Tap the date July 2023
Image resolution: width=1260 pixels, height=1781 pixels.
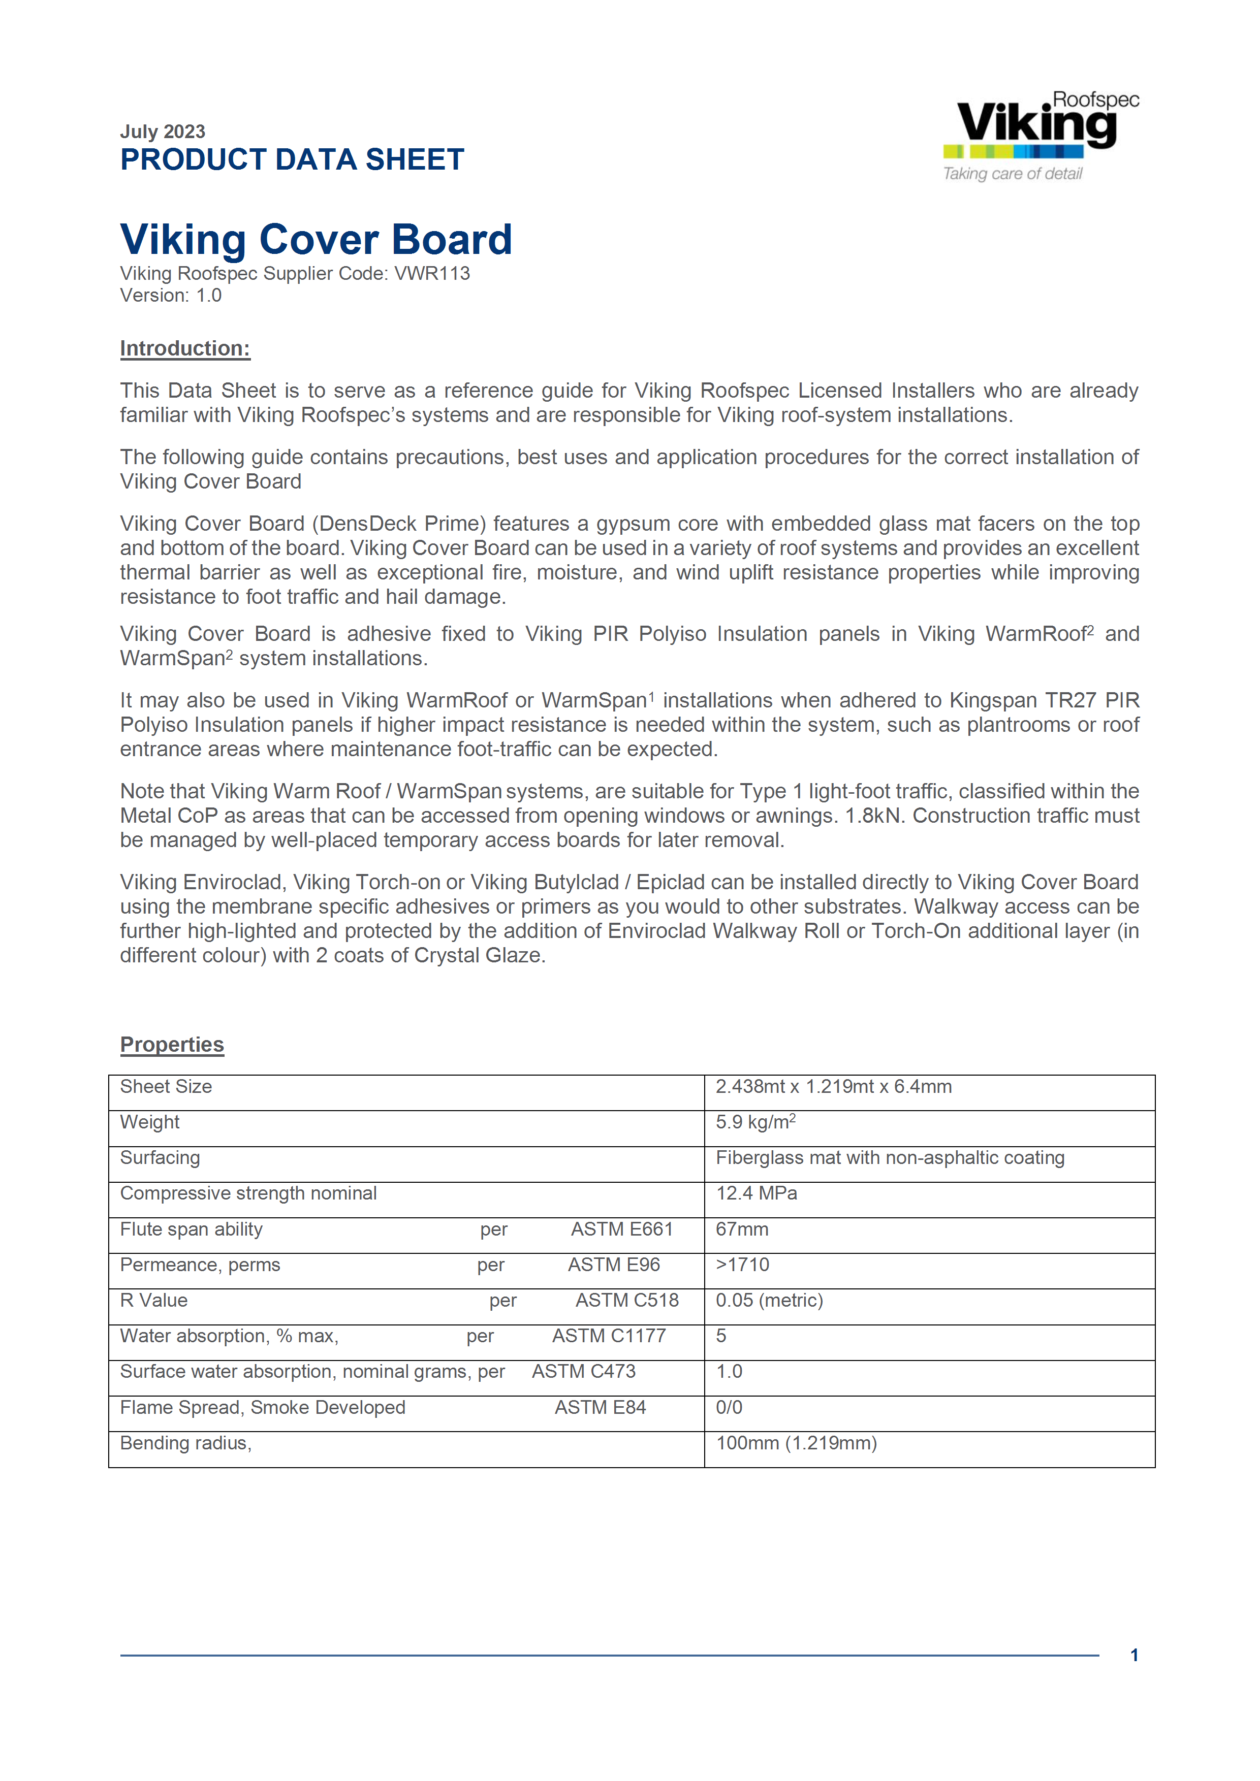(x=162, y=132)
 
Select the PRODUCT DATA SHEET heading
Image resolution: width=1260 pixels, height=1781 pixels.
(x=292, y=160)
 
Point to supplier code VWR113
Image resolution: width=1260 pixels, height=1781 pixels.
(x=432, y=274)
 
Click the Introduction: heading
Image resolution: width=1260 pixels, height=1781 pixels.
(x=184, y=349)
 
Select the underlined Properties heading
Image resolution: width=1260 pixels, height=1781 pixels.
(x=171, y=1045)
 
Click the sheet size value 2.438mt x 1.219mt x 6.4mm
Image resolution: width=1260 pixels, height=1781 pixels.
(x=833, y=1087)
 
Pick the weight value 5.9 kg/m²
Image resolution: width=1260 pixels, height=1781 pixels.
(x=755, y=1122)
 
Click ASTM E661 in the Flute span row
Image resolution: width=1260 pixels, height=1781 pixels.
(x=621, y=1229)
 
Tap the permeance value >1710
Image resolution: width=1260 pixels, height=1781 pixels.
(x=742, y=1265)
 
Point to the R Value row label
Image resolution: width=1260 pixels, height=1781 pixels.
(x=153, y=1301)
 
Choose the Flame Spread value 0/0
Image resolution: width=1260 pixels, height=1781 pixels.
(x=729, y=1408)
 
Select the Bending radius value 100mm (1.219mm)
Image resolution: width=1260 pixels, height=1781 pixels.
(x=796, y=1444)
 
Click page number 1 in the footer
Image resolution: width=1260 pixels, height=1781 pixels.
(x=1133, y=1656)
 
